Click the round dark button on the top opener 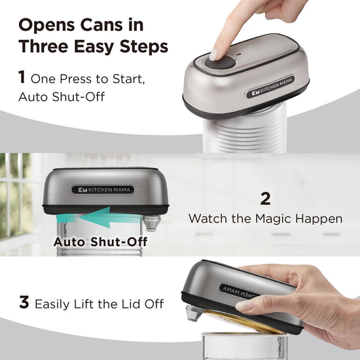(x=220, y=62)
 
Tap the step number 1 (x=22, y=77)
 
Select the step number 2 (x=265, y=199)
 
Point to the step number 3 (x=24, y=302)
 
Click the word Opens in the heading (x=47, y=26)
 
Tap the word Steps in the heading (x=144, y=46)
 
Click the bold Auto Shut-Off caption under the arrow (x=100, y=242)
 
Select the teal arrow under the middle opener (x=99, y=217)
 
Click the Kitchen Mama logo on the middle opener (x=103, y=190)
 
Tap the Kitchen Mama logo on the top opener (x=270, y=87)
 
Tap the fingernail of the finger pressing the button (x=213, y=54)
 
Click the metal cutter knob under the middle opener (x=151, y=223)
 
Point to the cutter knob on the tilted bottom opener (x=194, y=313)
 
